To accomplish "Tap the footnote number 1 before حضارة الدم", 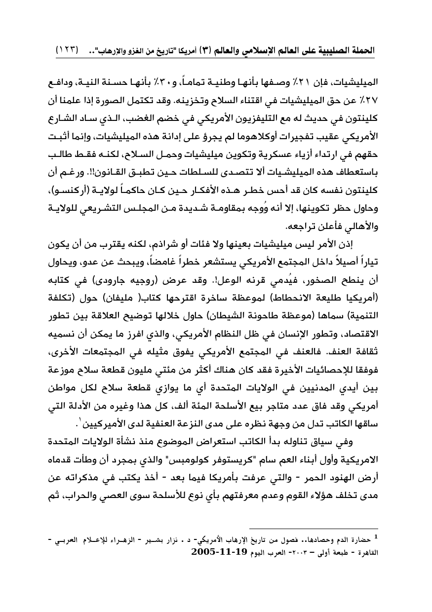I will (x=376, y=535).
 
